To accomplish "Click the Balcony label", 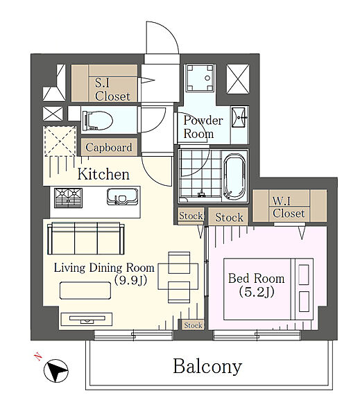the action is pos(207,367).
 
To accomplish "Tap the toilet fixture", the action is pos(97,121).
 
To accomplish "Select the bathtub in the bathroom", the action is pos(234,176).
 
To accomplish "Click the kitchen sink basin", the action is pos(122,197).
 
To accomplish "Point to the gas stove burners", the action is pos(68,198).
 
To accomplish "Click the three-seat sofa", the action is pos(86,239).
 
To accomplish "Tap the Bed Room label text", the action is pos(256,279).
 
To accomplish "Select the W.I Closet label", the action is pos(289,207).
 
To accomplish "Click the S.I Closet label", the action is pos(112,89).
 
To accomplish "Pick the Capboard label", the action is pos(109,147).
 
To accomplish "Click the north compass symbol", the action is pos(55,371).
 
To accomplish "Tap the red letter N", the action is pos(39,356).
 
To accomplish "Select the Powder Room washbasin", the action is pos(239,117).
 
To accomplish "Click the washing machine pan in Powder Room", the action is pos(200,78).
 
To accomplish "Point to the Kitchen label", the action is pos(103,174).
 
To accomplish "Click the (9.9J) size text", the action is pos(130,280).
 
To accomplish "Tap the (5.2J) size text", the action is pos(257,292).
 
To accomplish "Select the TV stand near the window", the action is pos(87,319).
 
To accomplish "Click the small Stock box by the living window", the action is pos(193,325).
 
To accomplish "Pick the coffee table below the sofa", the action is pos(85,291).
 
